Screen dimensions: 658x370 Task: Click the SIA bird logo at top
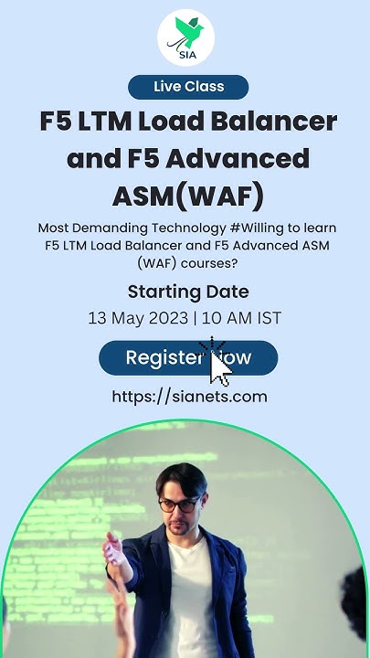point(185,37)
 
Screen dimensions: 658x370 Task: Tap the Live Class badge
point(188,87)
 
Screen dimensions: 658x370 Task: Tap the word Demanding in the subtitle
point(108,228)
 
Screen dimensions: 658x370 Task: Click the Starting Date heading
point(188,292)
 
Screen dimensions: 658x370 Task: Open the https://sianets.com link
point(189,396)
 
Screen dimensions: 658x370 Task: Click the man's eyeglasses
point(179,504)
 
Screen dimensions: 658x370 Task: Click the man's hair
point(182,477)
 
